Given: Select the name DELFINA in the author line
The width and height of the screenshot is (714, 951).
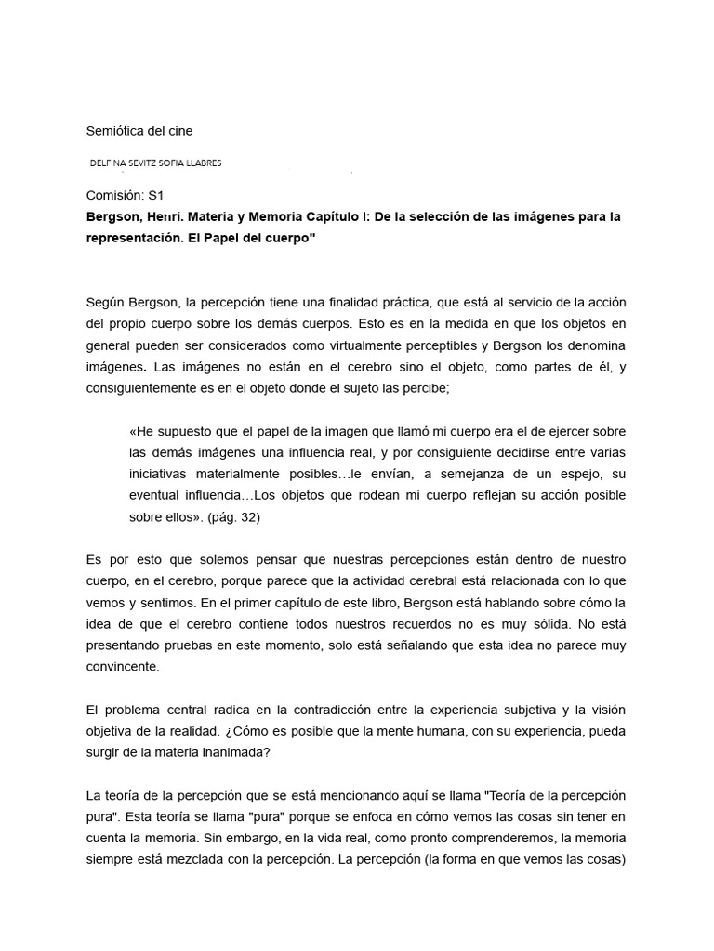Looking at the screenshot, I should coord(111,163).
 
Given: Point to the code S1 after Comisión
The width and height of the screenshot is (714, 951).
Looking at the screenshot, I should coord(155,196).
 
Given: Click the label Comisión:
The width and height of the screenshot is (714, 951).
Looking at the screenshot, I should coord(115,196).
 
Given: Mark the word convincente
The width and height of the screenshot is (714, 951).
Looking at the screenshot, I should coord(123,666).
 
